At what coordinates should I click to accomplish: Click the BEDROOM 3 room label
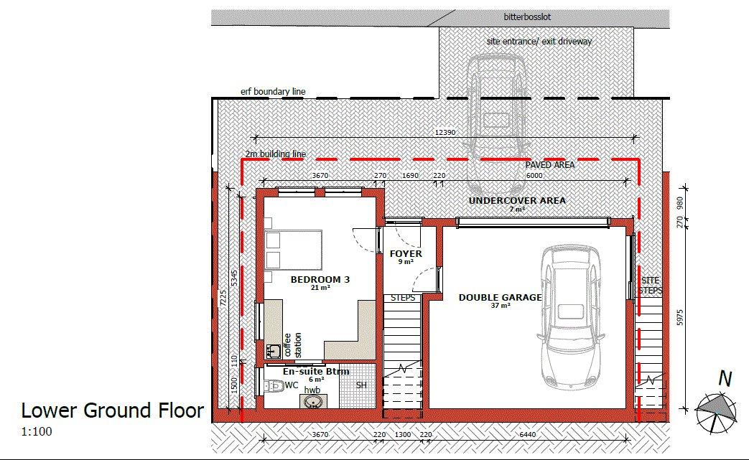coord(320,280)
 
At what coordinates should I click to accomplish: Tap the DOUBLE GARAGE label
coord(500,297)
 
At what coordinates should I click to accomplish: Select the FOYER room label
coord(406,253)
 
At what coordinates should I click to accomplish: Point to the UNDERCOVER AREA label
coord(517,200)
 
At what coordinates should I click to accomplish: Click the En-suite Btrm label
coord(316,371)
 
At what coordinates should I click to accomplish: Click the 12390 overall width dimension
coord(445,132)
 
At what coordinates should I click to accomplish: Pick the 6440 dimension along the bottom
coord(527,434)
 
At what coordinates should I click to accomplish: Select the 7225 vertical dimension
coord(223,299)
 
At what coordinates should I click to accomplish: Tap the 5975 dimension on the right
coord(680,317)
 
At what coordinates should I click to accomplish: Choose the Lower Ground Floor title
coord(112,410)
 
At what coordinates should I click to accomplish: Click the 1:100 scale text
coord(37,432)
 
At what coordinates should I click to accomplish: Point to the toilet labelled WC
coord(273,385)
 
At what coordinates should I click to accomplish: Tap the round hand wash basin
coord(313,402)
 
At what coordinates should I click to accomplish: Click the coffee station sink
coord(273,352)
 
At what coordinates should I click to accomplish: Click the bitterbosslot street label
coord(527,17)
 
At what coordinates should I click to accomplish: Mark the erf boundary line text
coord(273,91)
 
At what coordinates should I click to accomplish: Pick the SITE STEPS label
coord(651,286)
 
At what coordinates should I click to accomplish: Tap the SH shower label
coord(362,385)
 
